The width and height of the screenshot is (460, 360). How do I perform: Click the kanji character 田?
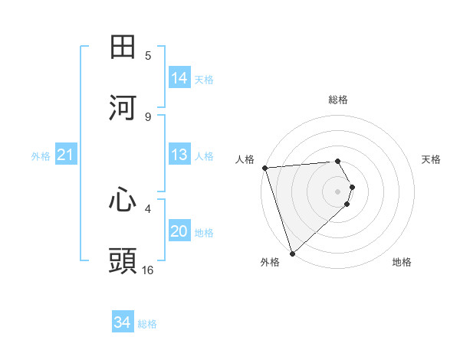[x=123, y=47]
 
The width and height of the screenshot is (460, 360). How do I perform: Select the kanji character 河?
[x=123, y=107]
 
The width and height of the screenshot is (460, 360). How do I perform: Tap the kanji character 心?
[x=123, y=200]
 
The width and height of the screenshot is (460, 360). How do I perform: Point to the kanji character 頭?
[x=123, y=260]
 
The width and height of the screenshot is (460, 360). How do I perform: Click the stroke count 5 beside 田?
[x=148, y=56]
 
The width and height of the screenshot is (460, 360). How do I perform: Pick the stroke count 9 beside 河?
[x=148, y=116]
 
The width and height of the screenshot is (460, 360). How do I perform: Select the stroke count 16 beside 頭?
[x=148, y=270]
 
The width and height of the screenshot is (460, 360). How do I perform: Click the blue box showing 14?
[x=179, y=78]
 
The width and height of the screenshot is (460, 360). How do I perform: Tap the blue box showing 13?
[x=179, y=155]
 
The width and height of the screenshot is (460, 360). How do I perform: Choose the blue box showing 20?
[x=179, y=231]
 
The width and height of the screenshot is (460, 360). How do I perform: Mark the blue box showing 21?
[x=66, y=155]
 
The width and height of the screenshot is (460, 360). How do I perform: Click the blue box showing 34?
[x=123, y=322]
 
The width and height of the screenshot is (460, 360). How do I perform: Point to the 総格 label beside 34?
[x=147, y=324]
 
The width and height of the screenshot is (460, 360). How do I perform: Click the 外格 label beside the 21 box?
[x=41, y=156]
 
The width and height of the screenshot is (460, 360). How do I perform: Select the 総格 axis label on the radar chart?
[x=338, y=100]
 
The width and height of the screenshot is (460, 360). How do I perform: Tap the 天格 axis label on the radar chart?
[x=432, y=159]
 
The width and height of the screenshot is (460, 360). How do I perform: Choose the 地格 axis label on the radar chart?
[x=402, y=262]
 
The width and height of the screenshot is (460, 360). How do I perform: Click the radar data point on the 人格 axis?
[x=264, y=168]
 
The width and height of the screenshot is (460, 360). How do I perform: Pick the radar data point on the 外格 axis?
[x=292, y=253]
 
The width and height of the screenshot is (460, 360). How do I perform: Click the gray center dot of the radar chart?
[x=338, y=191]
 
